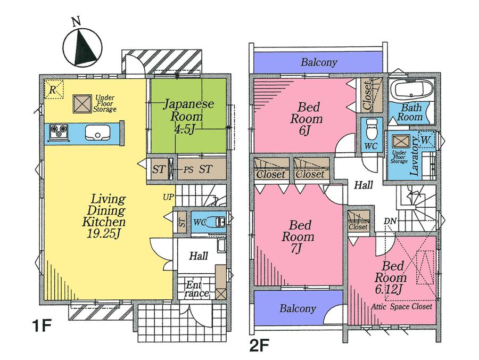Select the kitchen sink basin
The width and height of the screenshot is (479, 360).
tap(96, 132)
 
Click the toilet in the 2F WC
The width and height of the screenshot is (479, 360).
tap(371, 128)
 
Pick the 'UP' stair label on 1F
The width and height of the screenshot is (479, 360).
tap(168, 198)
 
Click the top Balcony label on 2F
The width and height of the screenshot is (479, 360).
tap(319, 62)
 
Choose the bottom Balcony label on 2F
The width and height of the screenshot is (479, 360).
tap(298, 308)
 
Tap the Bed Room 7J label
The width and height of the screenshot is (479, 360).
tap(298, 236)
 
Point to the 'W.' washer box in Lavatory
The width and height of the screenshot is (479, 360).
tap(425, 139)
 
